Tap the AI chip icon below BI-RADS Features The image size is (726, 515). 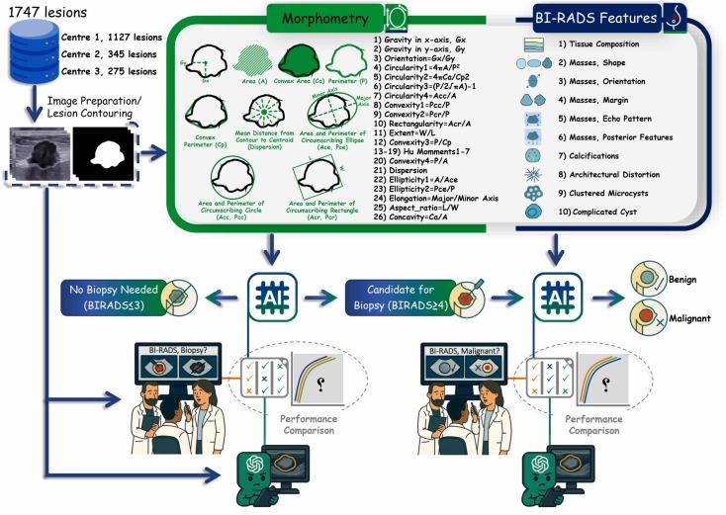(547, 296)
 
